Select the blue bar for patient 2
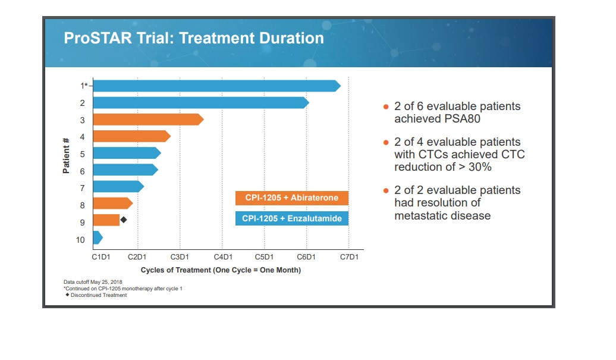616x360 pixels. [201, 102]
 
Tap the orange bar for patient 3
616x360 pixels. [149, 120]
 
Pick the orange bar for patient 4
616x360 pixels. [132, 136]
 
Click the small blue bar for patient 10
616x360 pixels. [98, 237]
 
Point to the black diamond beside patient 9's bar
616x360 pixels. [124, 220]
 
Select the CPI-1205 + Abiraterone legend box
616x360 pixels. [292, 198]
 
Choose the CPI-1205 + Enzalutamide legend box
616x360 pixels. [292, 218]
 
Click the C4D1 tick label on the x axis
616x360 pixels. [223, 257]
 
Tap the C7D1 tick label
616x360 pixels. [349, 257]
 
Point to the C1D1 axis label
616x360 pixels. [101, 257]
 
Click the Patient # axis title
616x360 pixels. [66, 156]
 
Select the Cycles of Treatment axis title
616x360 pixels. [221, 270]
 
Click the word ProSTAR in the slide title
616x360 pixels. [98, 38]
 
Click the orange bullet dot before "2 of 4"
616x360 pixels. [386, 142]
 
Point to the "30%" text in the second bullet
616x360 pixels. [480, 167]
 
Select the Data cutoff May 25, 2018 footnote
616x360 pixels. [93, 282]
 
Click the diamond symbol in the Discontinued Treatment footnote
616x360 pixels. [67, 295]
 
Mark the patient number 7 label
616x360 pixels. [82, 188]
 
